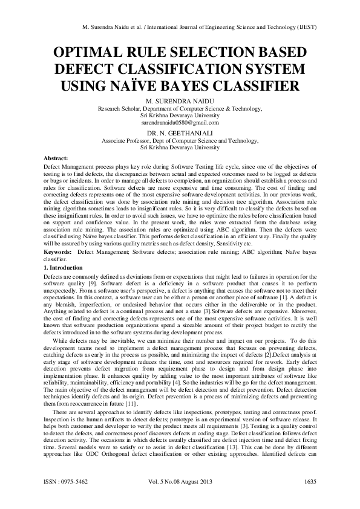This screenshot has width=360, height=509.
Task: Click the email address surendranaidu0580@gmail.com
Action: [x=180, y=121]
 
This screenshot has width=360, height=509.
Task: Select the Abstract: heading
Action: [x=59, y=157]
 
